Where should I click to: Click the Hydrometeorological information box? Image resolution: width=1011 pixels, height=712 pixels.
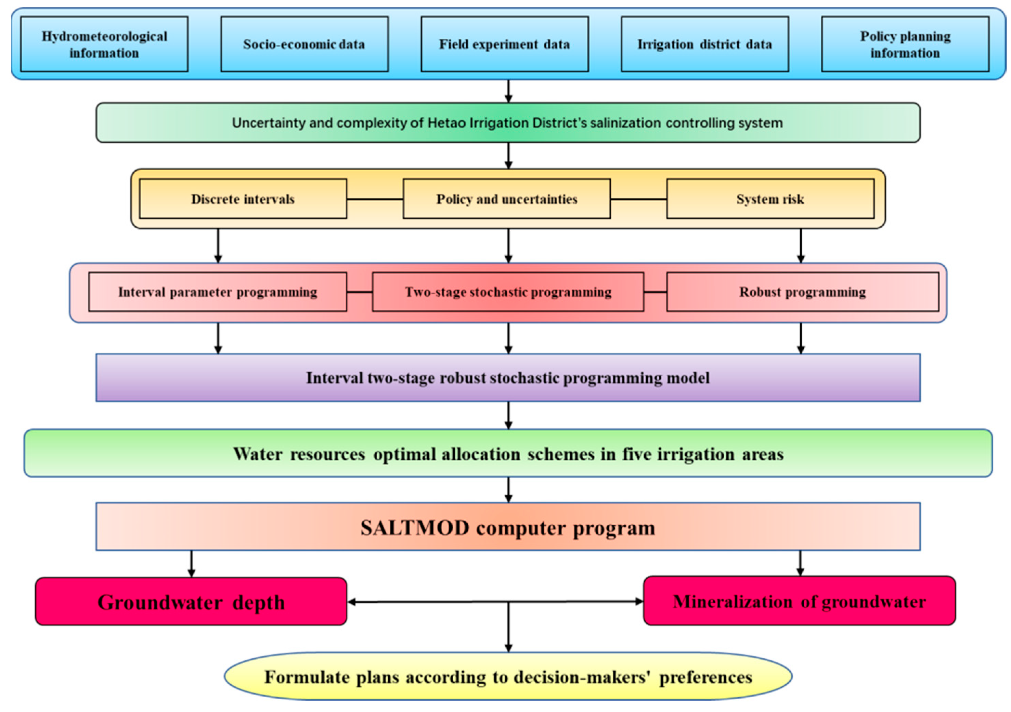pyautogui.click(x=104, y=44)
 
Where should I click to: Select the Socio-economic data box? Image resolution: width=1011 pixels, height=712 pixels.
pyautogui.click(x=304, y=44)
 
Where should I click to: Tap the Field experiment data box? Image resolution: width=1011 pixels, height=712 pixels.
pyautogui.click(x=504, y=44)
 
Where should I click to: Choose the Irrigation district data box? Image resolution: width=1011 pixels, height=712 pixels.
pyautogui.click(x=704, y=44)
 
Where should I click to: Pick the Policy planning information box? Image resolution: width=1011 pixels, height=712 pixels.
pyautogui.click(x=905, y=44)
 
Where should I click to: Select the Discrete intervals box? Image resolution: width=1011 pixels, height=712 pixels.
pyautogui.click(x=243, y=199)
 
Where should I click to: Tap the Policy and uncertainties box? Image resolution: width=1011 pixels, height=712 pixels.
pyautogui.click(x=506, y=199)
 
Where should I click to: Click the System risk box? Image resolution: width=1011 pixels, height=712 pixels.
pyautogui.click(x=770, y=199)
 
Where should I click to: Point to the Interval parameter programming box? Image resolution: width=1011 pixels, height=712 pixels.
pyautogui.click(x=218, y=292)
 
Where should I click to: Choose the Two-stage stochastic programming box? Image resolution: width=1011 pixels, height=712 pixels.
pyautogui.click(x=508, y=292)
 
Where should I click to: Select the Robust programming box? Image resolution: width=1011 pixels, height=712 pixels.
pyautogui.click(x=802, y=292)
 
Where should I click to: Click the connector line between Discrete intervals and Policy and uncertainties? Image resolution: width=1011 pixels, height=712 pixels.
pyautogui.click(x=374, y=199)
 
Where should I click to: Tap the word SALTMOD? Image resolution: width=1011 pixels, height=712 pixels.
pyautogui.click(x=414, y=528)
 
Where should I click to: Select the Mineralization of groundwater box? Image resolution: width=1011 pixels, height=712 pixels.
pyautogui.click(x=799, y=601)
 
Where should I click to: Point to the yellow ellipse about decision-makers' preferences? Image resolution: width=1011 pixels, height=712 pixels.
pyautogui.click(x=508, y=677)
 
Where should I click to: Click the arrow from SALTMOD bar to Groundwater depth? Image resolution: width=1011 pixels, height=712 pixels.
pyautogui.click(x=191, y=563)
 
